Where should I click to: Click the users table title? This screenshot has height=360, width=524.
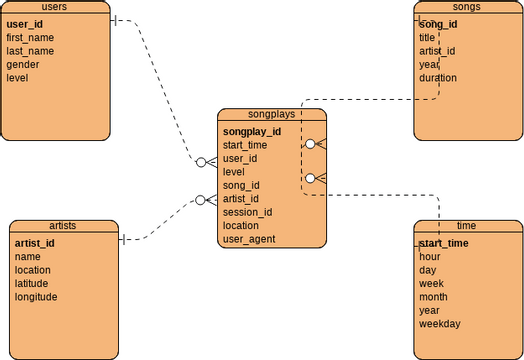click(56, 7)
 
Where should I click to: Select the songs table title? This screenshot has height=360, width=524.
click(467, 7)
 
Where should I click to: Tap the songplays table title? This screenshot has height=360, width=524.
click(271, 115)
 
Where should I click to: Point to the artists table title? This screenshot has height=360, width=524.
click(62, 226)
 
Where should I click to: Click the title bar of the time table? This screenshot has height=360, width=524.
click(467, 226)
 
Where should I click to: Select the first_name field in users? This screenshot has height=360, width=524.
click(30, 37)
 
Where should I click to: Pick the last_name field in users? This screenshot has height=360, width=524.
click(30, 51)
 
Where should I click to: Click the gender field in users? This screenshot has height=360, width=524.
click(23, 64)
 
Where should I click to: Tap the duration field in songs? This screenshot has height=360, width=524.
click(438, 78)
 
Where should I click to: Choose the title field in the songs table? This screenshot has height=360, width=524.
click(427, 37)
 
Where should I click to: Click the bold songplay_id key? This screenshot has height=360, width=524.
click(251, 131)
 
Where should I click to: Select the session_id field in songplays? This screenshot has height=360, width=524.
click(247, 212)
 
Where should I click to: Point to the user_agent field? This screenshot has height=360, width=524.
click(249, 239)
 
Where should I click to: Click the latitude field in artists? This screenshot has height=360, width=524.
click(32, 283)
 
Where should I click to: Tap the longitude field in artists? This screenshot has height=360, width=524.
click(36, 297)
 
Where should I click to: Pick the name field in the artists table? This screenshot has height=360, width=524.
click(27, 256)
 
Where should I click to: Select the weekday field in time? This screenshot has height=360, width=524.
click(440, 324)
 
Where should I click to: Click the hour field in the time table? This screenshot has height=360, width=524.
click(429, 256)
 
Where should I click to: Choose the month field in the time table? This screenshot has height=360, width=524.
click(433, 297)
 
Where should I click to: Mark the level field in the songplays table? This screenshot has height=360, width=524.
click(233, 172)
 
